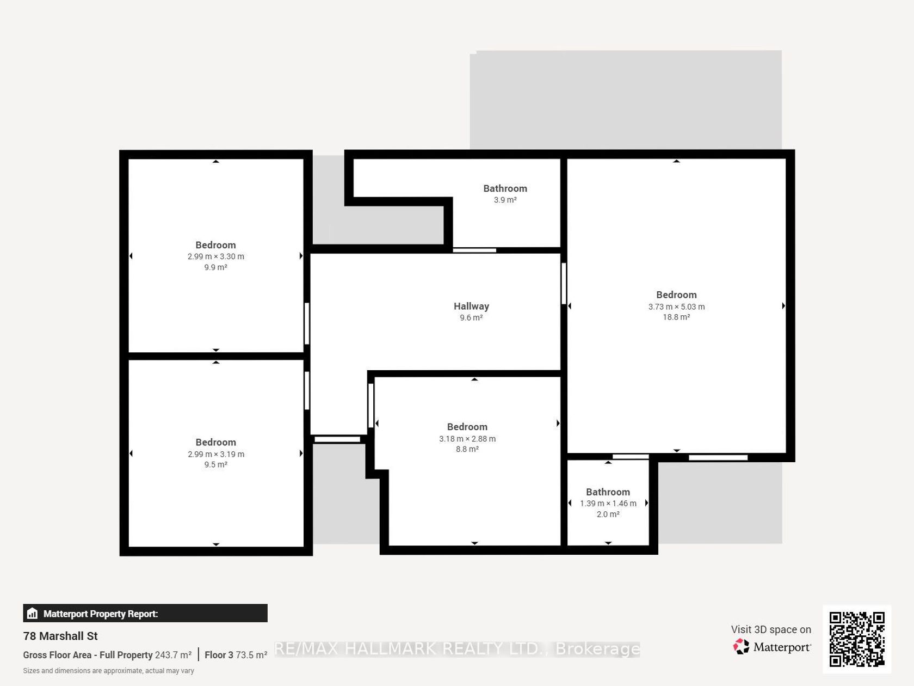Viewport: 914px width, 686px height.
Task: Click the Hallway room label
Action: (471, 307)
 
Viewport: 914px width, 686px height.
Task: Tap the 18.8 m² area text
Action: (676, 317)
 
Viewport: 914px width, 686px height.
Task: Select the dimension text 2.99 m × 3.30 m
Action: (215, 256)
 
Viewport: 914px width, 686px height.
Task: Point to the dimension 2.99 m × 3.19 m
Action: (215, 455)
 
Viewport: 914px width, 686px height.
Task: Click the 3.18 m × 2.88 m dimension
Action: (467, 439)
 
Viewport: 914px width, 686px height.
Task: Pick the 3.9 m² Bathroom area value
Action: (505, 200)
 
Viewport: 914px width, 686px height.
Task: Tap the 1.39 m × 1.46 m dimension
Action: (608, 504)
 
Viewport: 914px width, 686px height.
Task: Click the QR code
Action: (857, 639)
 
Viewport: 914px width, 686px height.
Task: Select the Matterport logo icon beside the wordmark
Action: (741, 646)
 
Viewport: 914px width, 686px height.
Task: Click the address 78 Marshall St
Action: (60, 636)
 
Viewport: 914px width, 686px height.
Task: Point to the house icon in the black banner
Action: (32, 613)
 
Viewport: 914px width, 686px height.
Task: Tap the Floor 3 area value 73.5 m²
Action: (251, 655)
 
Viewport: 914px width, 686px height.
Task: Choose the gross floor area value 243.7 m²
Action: (173, 655)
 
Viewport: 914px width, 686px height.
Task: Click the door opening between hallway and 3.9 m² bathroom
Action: (474, 250)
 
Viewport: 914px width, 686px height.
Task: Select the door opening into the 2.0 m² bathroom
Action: (631, 456)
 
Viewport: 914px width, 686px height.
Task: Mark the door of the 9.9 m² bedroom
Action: (307, 323)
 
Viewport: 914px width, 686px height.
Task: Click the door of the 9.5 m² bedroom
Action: (307, 391)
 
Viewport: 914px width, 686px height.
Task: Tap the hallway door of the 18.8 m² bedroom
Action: (564, 284)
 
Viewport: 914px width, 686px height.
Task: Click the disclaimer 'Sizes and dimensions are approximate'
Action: (108, 671)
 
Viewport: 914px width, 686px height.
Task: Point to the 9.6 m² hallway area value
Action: (471, 318)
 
